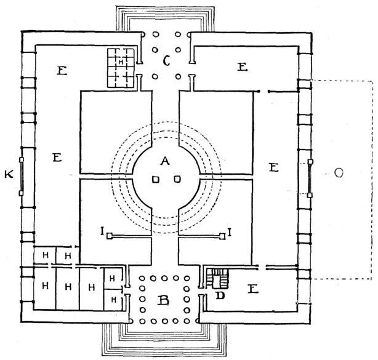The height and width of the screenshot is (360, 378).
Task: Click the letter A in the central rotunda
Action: [164, 161]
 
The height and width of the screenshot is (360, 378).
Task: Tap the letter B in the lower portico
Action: [164, 301]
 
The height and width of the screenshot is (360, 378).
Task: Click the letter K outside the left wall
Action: [9, 175]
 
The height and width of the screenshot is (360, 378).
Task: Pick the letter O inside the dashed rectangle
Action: [338, 174]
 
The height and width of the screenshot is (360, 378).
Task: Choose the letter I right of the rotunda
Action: [230, 231]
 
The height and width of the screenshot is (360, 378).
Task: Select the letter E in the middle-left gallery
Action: [57, 158]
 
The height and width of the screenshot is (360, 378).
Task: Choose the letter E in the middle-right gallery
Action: [275, 167]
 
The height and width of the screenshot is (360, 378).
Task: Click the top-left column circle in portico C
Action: [155, 34]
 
